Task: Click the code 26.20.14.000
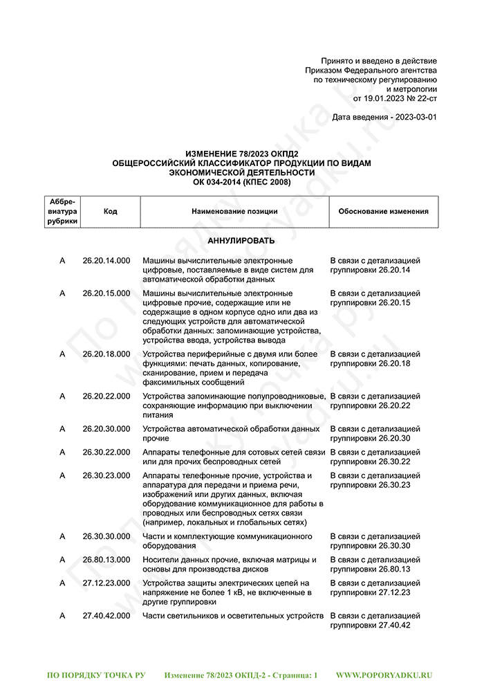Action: point(106,260)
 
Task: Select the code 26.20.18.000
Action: point(106,354)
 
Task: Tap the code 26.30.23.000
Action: point(106,475)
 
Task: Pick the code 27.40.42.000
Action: point(106,615)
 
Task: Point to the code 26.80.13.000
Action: point(106,559)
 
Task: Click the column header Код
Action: point(110,212)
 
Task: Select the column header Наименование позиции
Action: point(234,212)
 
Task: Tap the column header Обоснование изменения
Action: point(383,212)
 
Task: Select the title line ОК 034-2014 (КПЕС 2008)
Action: point(241,182)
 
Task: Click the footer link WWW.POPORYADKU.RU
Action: point(384,674)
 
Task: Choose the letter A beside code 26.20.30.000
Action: point(62,429)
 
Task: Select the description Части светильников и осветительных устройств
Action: point(233,615)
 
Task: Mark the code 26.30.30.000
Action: point(106,536)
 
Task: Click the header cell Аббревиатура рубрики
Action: point(62,212)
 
